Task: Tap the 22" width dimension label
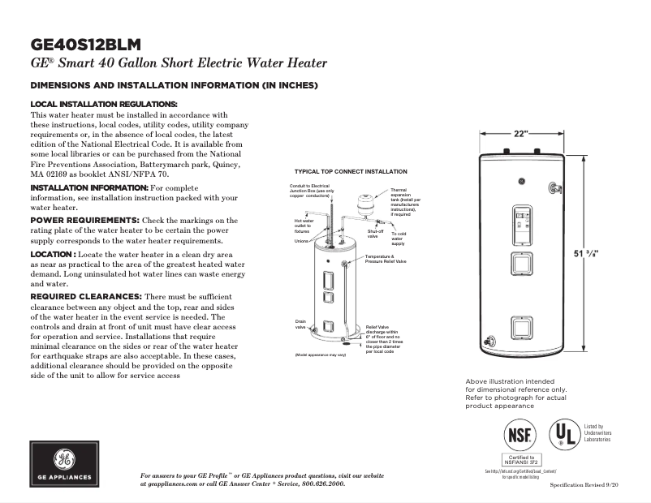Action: (x=520, y=133)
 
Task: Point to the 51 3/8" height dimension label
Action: (x=591, y=254)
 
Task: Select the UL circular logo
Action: (x=564, y=435)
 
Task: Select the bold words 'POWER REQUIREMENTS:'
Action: (x=84, y=220)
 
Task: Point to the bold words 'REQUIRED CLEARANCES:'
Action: (x=86, y=296)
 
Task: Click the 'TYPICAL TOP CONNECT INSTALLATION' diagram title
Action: (x=351, y=172)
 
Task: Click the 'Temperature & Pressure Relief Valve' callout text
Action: (x=386, y=260)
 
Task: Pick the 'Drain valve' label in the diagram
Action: (x=300, y=325)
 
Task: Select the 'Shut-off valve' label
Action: (x=375, y=234)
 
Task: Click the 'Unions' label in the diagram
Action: (x=301, y=241)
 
